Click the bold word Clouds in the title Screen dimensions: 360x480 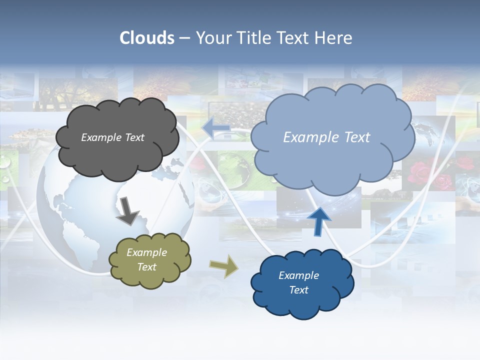147,38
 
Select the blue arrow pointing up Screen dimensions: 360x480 318,220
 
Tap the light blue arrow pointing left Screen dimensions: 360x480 216,128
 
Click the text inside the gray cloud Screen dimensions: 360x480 112,137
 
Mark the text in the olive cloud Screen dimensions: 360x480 147,259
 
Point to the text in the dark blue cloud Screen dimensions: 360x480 298,282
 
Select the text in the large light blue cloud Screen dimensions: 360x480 326,137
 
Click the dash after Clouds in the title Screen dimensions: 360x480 184,38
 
